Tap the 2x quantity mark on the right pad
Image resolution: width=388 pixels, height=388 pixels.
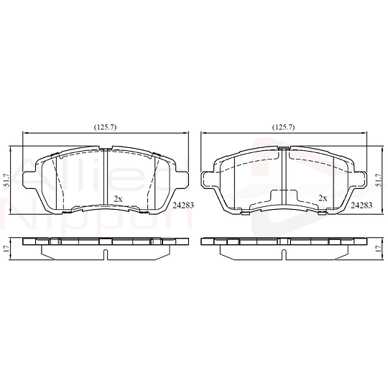point(323,198)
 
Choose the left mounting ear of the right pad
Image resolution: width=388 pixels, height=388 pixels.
point(207,175)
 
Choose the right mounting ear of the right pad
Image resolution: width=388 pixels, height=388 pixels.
point(361,175)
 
